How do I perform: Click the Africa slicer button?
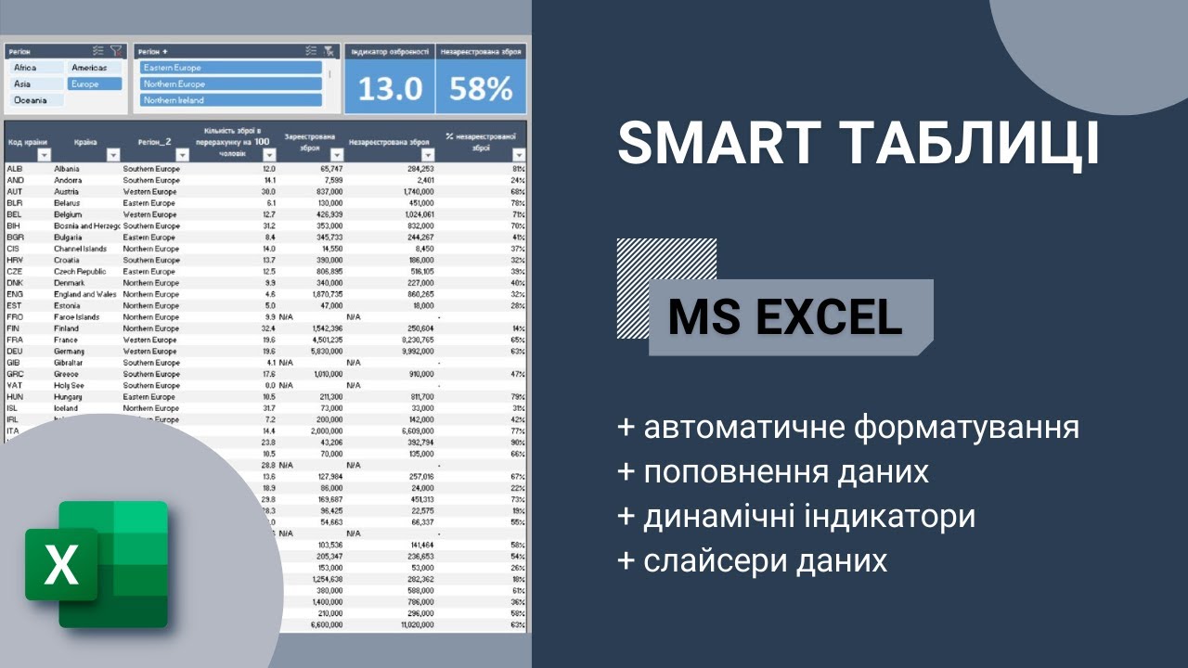(x=35, y=68)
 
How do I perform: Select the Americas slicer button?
(x=94, y=68)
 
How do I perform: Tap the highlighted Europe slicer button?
(x=94, y=83)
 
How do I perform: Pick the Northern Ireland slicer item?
(x=230, y=100)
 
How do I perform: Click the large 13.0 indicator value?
(x=390, y=89)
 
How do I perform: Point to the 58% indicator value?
(x=481, y=89)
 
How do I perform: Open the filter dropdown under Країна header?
(x=112, y=155)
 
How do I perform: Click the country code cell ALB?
(x=15, y=169)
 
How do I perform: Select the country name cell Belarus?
(x=67, y=203)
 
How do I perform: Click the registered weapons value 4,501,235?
(x=324, y=340)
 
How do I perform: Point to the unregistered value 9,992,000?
(x=414, y=352)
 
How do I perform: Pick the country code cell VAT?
(x=15, y=385)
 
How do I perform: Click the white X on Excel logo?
(x=61, y=564)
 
